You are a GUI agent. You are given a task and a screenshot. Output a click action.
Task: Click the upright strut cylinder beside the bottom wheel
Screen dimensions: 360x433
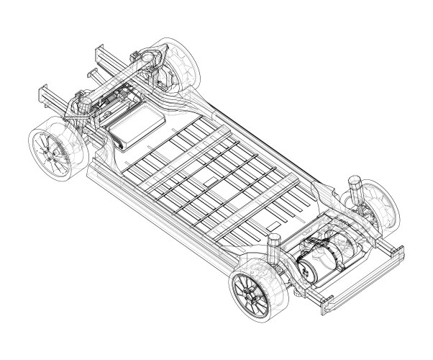pyautogui.click(x=275, y=248)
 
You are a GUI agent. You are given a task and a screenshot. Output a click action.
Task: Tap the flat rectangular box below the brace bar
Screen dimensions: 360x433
pyautogui.click(x=136, y=125)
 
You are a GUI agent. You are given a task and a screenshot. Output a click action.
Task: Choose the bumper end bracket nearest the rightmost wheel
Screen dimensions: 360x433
pyautogui.click(x=395, y=251)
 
